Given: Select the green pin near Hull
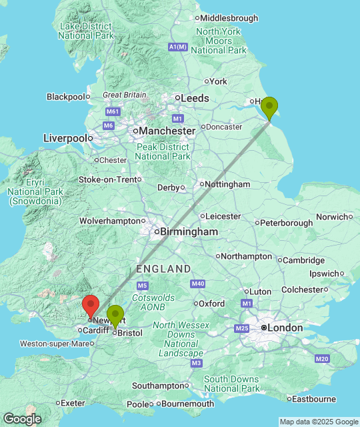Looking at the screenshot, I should pyautogui.click(x=269, y=107).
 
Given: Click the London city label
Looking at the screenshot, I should pyautogui.click(x=284, y=328).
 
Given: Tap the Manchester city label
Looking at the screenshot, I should pyautogui.click(x=167, y=131).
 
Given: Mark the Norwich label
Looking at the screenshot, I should pyautogui.click(x=332, y=217).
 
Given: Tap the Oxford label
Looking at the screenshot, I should pyautogui.click(x=211, y=303).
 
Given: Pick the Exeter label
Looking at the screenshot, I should pyautogui.click(x=72, y=403).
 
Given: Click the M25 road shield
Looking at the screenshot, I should pyautogui.click(x=241, y=328).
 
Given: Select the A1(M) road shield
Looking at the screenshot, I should pyautogui.click(x=178, y=47).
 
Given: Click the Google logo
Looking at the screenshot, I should pyautogui.click(x=21, y=418).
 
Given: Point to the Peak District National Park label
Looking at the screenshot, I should pyautogui.click(x=161, y=151).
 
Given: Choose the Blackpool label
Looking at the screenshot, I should pyautogui.click(x=67, y=97).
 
